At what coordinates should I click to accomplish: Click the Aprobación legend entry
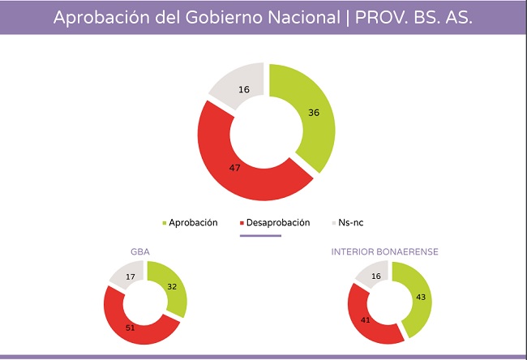pos(192,222)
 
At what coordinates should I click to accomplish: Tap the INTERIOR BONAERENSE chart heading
pos(385,252)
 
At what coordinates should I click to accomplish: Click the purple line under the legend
pos(260,236)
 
